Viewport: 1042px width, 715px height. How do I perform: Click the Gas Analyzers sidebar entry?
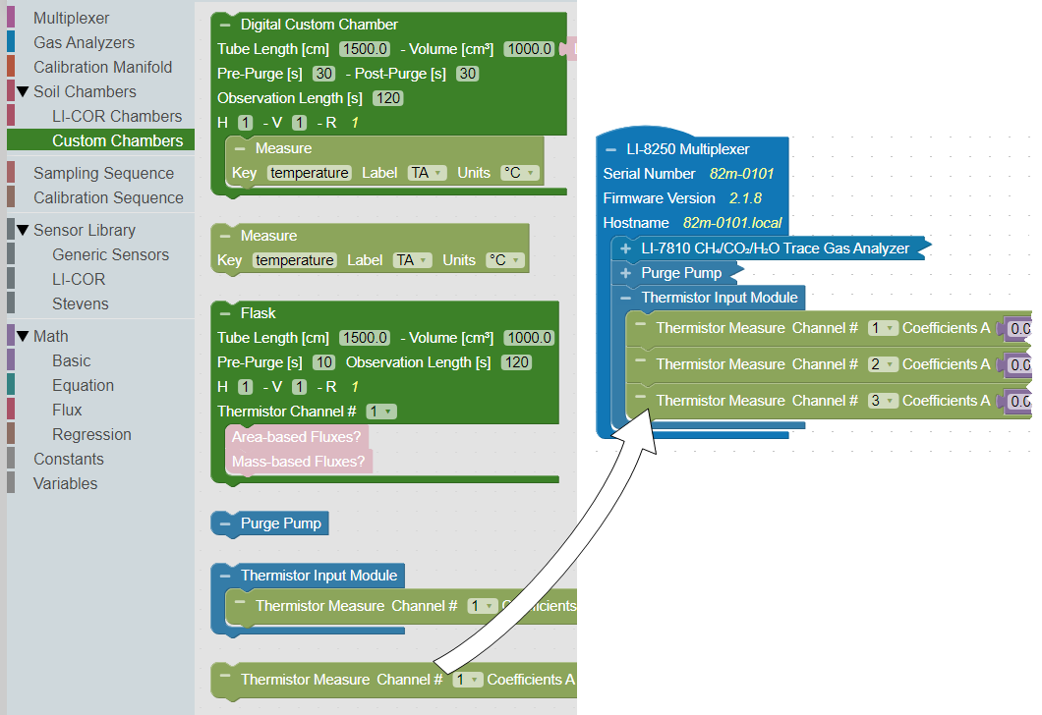click(84, 42)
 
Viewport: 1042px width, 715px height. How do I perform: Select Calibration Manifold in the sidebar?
click(102, 67)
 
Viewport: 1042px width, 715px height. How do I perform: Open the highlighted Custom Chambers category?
click(117, 140)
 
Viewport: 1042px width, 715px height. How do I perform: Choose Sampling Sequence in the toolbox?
click(103, 173)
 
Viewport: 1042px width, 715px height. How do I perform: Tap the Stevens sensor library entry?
click(81, 303)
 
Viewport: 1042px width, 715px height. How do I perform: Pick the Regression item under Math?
click(91, 434)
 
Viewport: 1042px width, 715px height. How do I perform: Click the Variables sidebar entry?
click(65, 483)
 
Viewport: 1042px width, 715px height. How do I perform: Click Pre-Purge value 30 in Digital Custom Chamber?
click(323, 74)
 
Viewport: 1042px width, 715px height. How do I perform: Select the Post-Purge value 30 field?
click(467, 74)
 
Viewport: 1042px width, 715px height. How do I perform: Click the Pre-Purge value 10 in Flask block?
click(323, 362)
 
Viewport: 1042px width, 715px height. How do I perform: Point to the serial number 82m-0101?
click(742, 174)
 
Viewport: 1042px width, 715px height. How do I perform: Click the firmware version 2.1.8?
click(745, 198)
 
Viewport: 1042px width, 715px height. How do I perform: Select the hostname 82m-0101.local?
click(732, 223)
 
